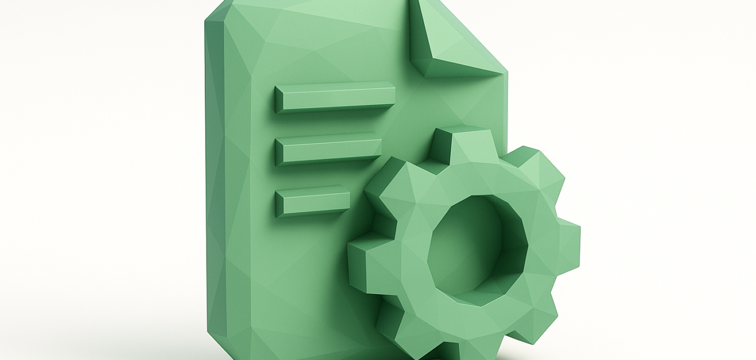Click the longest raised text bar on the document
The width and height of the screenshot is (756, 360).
pyautogui.click(x=335, y=97)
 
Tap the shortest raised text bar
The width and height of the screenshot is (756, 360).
pyautogui.click(x=313, y=200)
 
